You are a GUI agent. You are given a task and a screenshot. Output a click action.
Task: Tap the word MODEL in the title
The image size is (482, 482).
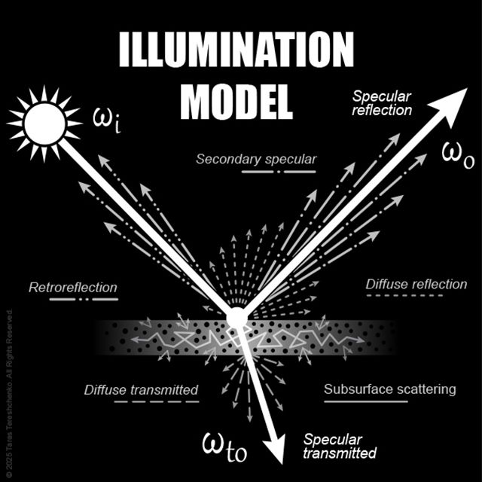click(x=236, y=100)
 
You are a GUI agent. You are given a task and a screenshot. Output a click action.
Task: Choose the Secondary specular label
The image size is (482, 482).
click(x=256, y=159)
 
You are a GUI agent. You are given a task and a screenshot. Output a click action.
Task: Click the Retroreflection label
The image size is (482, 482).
click(x=73, y=287)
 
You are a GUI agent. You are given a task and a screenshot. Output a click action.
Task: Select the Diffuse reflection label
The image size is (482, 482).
click(x=416, y=284)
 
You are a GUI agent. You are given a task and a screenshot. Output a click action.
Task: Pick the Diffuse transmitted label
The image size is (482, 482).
click(x=141, y=390)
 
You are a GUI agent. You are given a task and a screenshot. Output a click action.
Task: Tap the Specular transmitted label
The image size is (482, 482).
click(x=339, y=446)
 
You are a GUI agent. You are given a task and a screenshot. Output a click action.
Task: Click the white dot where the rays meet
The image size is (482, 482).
click(x=236, y=318)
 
